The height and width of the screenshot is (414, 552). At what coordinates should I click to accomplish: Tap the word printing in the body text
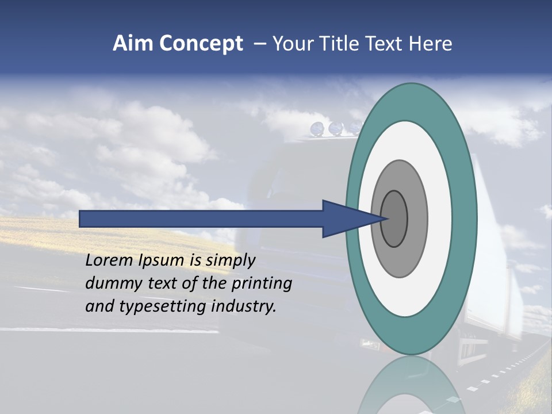click(x=262, y=283)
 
